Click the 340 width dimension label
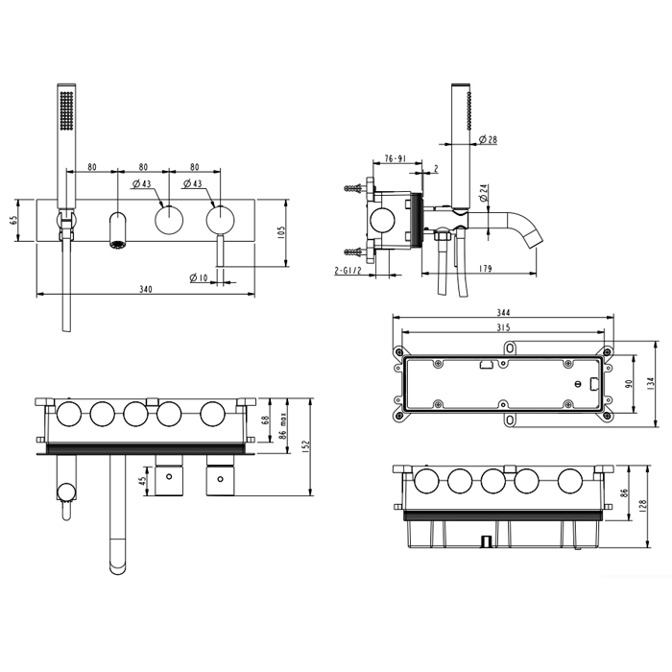[x=146, y=289]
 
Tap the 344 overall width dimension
[x=503, y=313]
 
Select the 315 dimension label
[x=504, y=328]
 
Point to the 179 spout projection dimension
[x=485, y=269]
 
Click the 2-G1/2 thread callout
[x=348, y=271]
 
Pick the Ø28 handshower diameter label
[x=488, y=139]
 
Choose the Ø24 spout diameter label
[x=484, y=193]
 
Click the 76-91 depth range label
[x=395, y=158]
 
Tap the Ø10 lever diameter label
[x=198, y=278]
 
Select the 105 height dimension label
[x=281, y=232]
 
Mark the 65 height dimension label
[x=13, y=220]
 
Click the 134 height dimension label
[x=651, y=384]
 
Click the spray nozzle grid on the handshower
[x=66, y=109]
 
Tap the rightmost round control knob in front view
[x=220, y=220]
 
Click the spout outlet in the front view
[x=117, y=245]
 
